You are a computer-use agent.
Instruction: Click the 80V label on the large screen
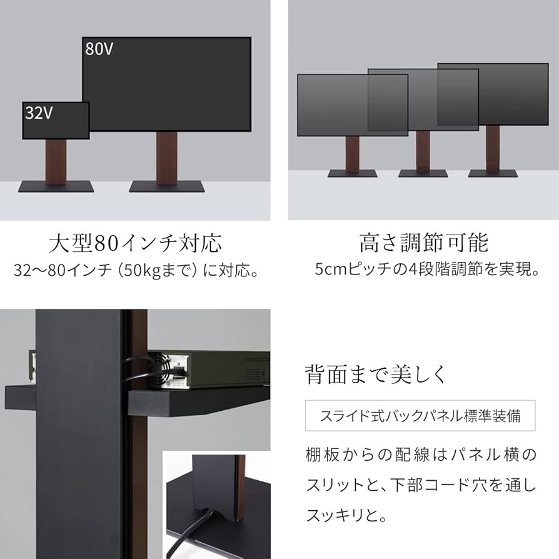[99, 49]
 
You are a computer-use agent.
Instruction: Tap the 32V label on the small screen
[38, 113]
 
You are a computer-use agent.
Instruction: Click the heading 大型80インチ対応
[135, 243]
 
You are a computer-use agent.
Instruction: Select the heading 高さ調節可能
[423, 243]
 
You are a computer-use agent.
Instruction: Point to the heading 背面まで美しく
[376, 375]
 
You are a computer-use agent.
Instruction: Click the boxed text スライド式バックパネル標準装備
[420, 416]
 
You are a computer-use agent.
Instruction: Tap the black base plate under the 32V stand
[56, 186]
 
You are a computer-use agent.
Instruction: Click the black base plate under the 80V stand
[167, 186]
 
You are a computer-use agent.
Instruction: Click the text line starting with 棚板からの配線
[421, 455]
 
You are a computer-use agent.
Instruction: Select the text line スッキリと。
[348, 516]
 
